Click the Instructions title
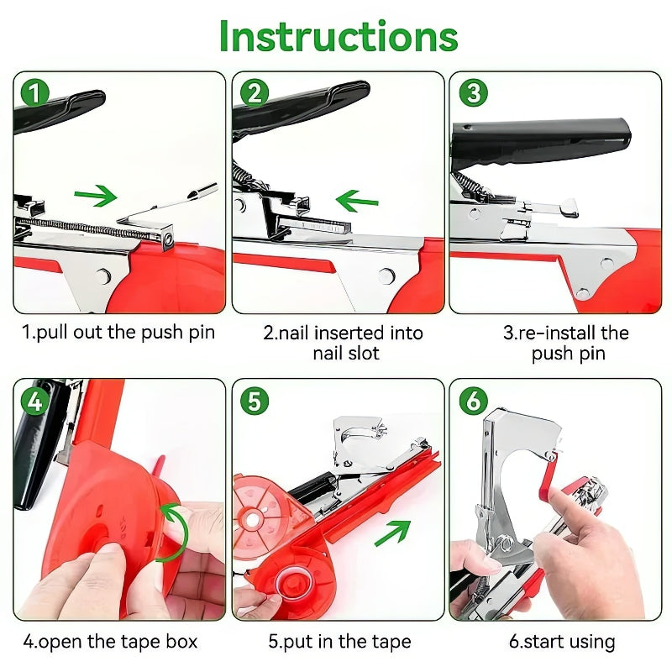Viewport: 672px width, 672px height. pyautogui.click(x=339, y=36)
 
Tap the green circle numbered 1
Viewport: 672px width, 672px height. pyautogui.click(x=34, y=92)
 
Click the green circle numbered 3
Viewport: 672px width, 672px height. pyautogui.click(x=474, y=92)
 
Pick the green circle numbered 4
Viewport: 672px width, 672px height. pyautogui.click(x=34, y=401)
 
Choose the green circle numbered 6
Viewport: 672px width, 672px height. pyautogui.click(x=474, y=401)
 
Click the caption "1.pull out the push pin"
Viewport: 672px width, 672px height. pyautogui.click(x=118, y=332)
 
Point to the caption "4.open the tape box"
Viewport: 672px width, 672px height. pyautogui.click(x=110, y=642)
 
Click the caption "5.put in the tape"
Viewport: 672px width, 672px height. pyautogui.click(x=339, y=642)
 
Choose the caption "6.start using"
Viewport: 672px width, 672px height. pyautogui.click(x=562, y=642)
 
